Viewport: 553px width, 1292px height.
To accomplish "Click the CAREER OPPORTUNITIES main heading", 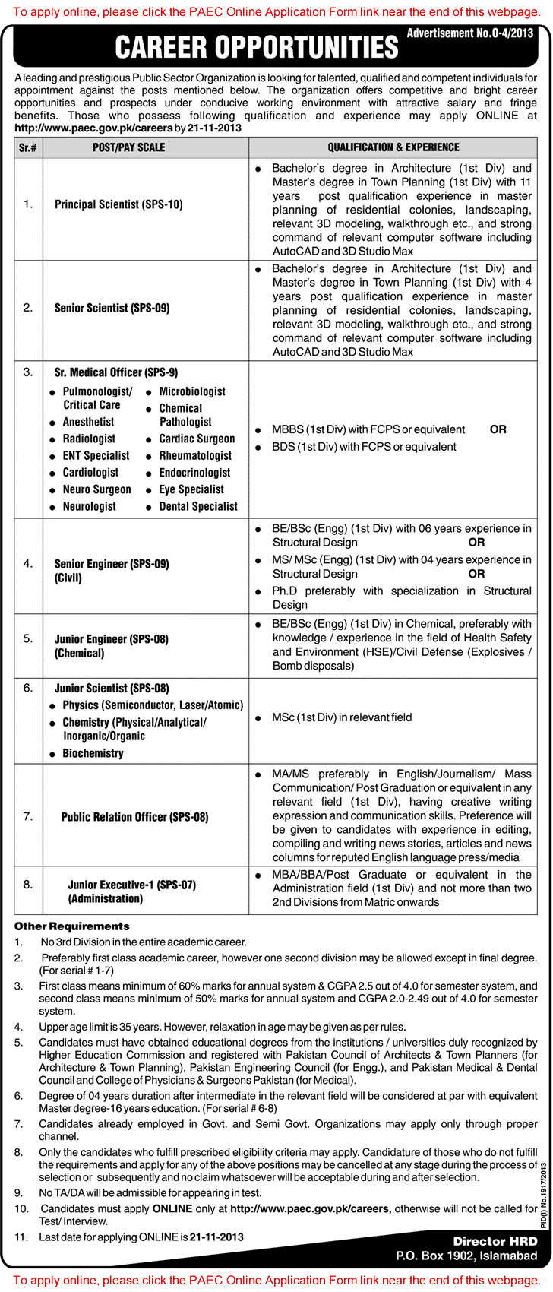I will (257, 47).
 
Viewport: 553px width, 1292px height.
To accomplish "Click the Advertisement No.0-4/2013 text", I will (469, 33).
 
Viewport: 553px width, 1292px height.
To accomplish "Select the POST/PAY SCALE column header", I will (128, 147).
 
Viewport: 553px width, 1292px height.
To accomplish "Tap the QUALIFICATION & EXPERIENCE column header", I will (393, 147).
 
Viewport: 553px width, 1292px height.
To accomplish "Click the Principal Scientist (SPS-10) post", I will (118, 204).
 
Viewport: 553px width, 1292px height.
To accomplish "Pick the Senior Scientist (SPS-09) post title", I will (112, 308).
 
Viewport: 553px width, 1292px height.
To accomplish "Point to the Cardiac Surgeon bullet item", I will (197, 439).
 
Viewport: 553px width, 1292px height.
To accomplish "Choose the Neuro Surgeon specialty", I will (96, 489).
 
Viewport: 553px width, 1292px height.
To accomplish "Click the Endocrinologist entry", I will (194, 473).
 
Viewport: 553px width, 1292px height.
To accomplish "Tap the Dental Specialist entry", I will (198, 506).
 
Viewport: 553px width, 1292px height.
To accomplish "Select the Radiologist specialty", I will (89, 439).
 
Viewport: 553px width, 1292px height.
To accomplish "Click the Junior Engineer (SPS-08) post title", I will (111, 639).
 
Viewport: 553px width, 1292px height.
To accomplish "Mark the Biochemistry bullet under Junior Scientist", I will (93, 753).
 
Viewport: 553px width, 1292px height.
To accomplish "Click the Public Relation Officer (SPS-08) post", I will (134, 817).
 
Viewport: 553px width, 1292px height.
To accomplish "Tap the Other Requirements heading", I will (72, 926).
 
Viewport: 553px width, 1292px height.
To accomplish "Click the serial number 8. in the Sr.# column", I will (28, 885).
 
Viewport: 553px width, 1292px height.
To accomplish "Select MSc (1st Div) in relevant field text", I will (342, 717).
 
